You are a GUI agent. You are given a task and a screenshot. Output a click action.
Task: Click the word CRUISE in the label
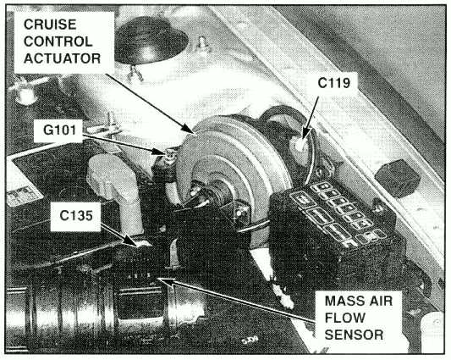pyautogui.click(x=50, y=25)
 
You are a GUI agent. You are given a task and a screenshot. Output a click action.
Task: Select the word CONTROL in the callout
pyautogui.click(x=58, y=42)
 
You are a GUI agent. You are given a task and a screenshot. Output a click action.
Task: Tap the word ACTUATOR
pyautogui.click(x=62, y=58)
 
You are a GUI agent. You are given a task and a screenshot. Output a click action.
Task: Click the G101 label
pyautogui.click(x=59, y=130)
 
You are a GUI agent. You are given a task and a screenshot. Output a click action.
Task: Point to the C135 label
pyautogui.click(x=76, y=215)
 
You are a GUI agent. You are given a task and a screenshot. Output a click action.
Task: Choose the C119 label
pyautogui.click(x=334, y=83)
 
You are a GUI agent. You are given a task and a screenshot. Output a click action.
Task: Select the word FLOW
pyautogui.click(x=345, y=318)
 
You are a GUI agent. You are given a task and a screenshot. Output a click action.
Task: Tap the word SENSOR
pyautogui.click(x=354, y=335)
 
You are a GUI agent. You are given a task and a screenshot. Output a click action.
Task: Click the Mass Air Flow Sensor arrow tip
pyautogui.click(x=157, y=279)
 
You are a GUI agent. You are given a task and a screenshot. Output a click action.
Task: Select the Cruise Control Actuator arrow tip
pyautogui.click(x=194, y=133)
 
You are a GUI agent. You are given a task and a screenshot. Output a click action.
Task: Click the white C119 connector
pyautogui.click(x=300, y=144)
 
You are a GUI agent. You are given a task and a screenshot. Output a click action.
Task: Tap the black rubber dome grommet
pyautogui.click(x=150, y=41)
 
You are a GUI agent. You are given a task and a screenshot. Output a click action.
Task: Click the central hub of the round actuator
pyautogui.click(x=217, y=189)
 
